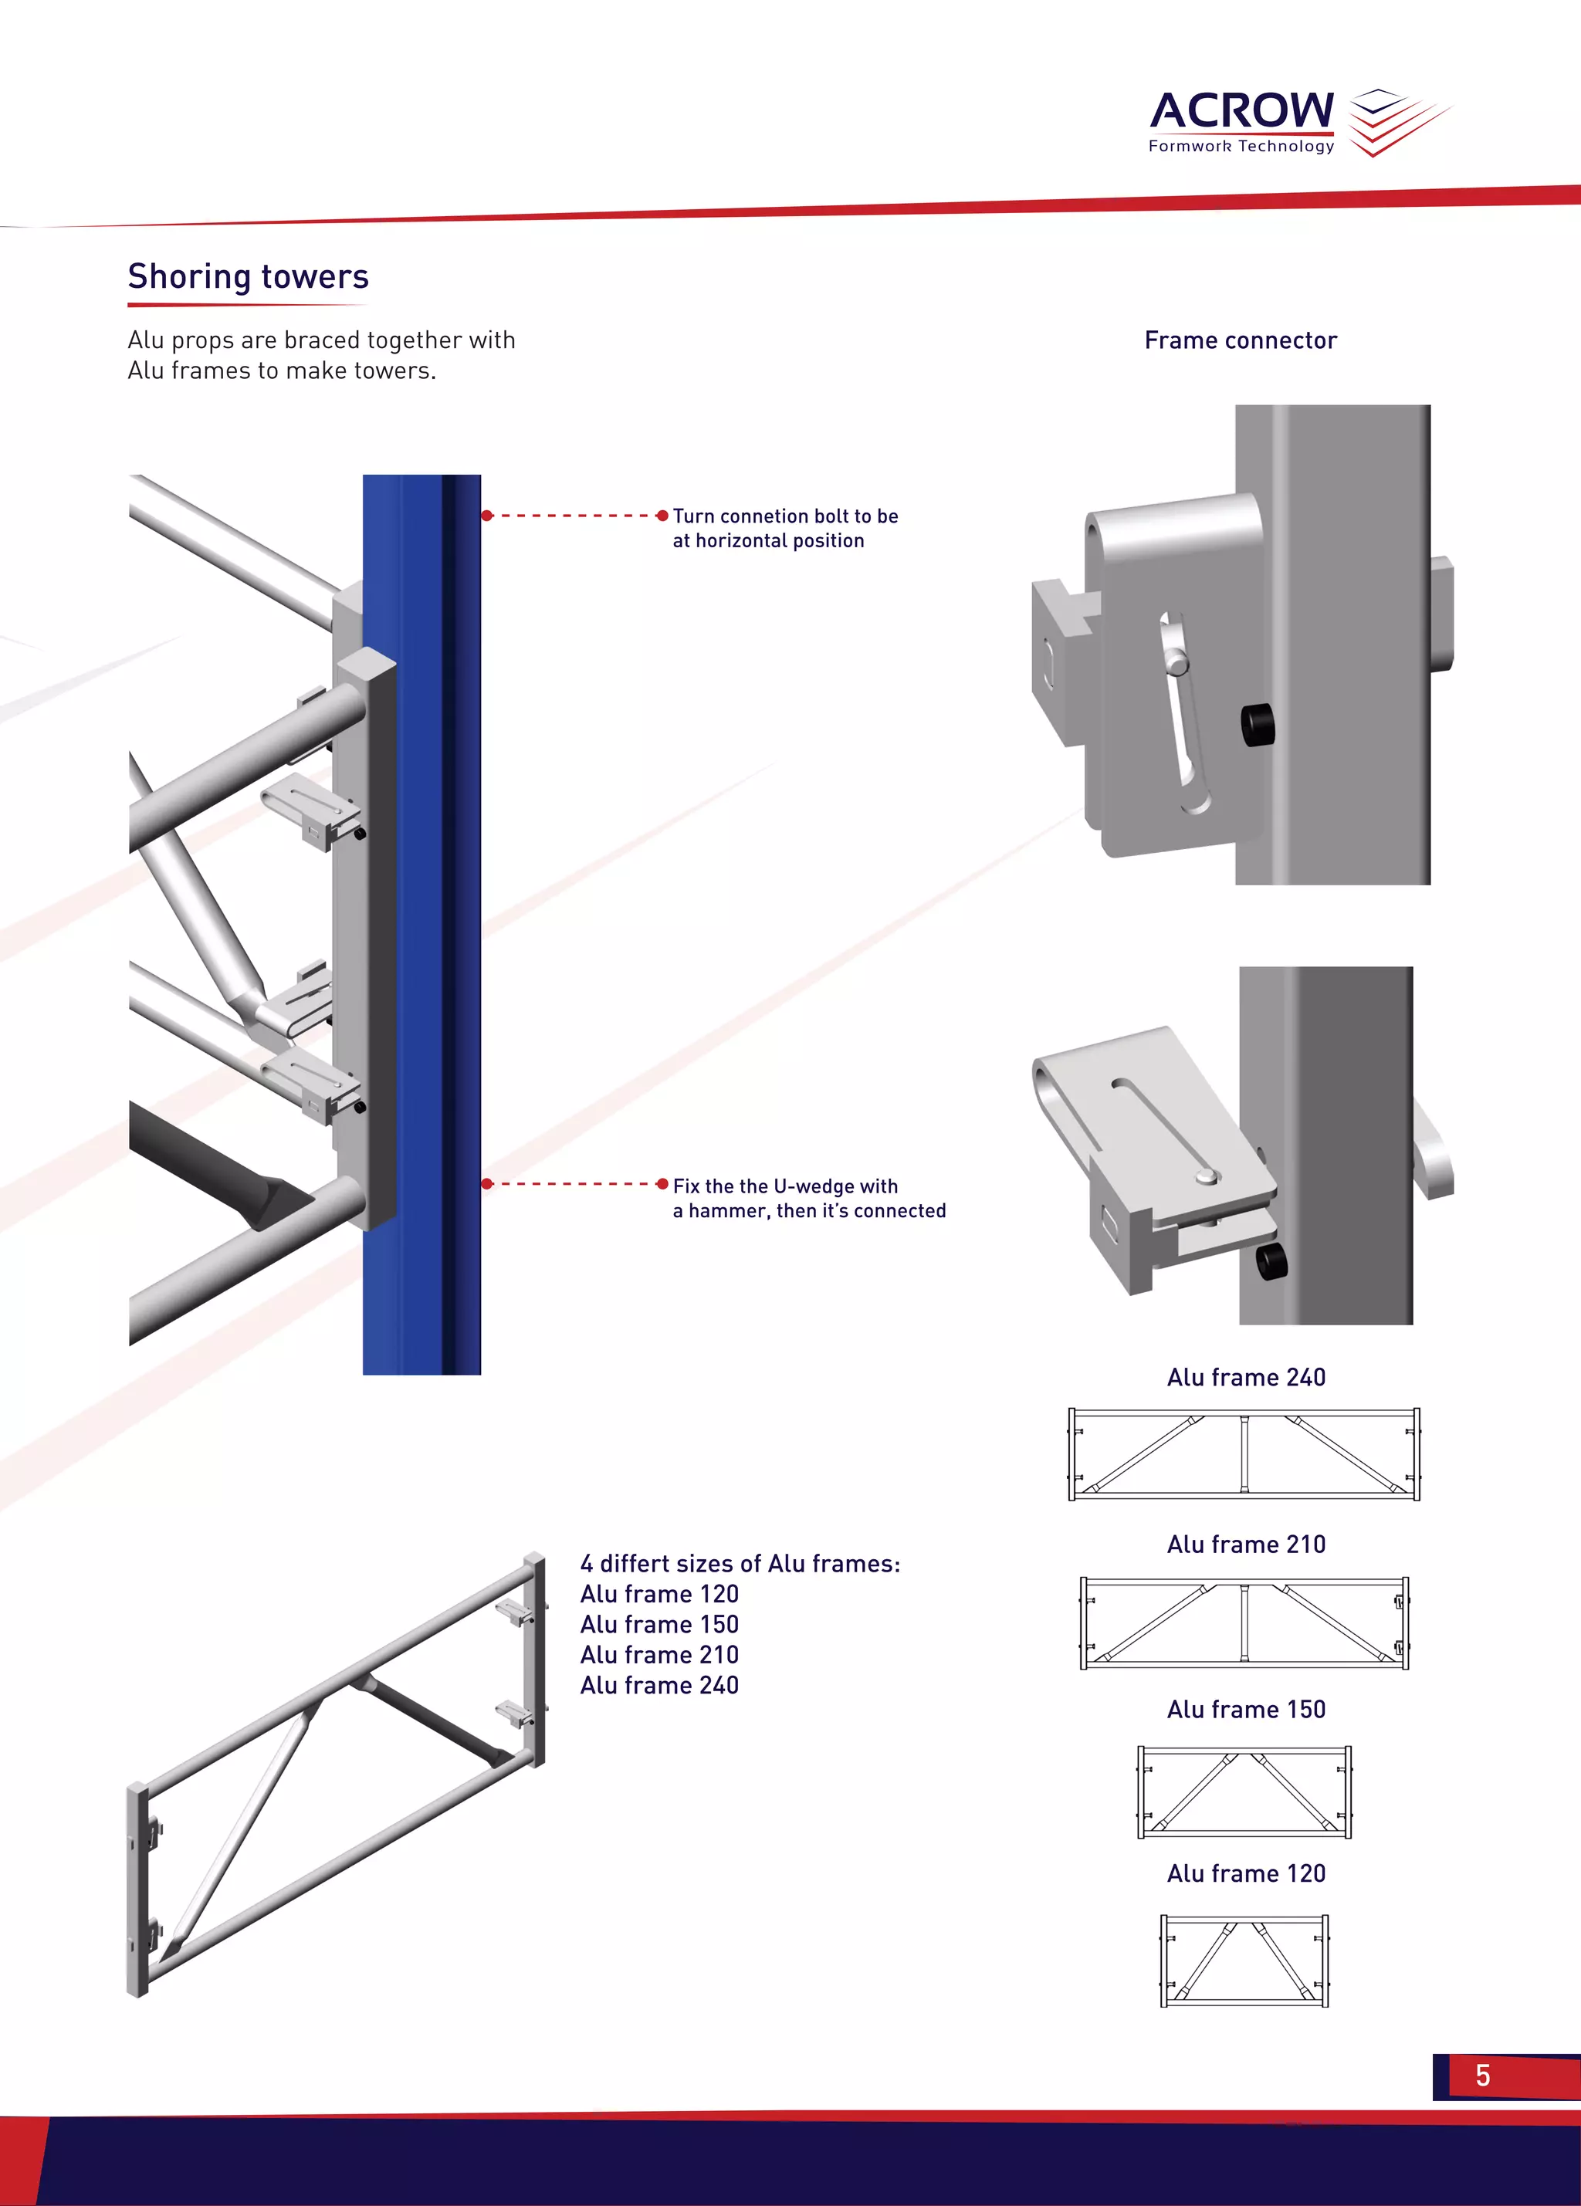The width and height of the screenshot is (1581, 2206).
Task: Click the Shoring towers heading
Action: pyautogui.click(x=248, y=276)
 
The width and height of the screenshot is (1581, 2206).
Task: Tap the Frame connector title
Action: pyautogui.click(x=1241, y=340)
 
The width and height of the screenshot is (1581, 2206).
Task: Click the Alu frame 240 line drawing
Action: pyautogui.click(x=1244, y=1454)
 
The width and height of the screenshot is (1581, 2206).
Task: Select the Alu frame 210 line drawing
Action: pyautogui.click(x=1244, y=1623)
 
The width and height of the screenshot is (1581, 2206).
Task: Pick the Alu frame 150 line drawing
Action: pyautogui.click(x=1244, y=1791)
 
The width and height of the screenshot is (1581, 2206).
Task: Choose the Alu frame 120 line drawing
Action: pyautogui.click(x=1244, y=1960)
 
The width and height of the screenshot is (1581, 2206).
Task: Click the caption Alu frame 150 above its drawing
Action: pyautogui.click(x=1246, y=1709)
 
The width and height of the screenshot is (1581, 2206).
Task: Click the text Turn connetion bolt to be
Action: pyautogui.click(x=785, y=516)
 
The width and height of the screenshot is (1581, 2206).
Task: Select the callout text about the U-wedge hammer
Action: pyautogui.click(x=808, y=1198)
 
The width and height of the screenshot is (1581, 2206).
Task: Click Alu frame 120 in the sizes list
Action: pyautogui.click(x=659, y=1593)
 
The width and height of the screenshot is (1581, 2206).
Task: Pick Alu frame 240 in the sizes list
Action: pyautogui.click(x=659, y=1685)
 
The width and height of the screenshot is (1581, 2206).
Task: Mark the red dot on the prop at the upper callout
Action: pyautogui.click(x=487, y=516)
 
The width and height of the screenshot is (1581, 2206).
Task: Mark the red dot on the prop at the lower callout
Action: pyautogui.click(x=487, y=1184)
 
